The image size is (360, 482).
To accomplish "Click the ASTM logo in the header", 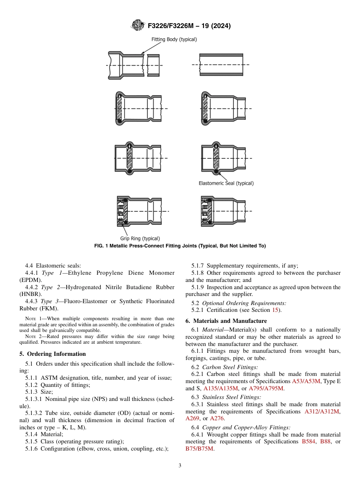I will [138, 25].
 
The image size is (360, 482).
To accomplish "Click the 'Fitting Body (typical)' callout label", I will [174, 39].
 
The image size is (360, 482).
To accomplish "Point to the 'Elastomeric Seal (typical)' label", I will [226, 183].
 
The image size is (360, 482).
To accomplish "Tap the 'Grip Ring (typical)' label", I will [140, 239].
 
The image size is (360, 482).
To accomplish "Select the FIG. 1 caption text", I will [180, 246].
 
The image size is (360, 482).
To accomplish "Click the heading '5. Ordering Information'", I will [53, 354].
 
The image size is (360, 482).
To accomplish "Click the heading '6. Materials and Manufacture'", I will [226, 321].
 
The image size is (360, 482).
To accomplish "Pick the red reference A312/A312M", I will [322, 412].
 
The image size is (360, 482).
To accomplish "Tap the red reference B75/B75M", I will [199, 449].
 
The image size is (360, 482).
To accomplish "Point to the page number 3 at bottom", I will [180, 466].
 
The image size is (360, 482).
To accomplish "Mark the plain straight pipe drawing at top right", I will [221, 65].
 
